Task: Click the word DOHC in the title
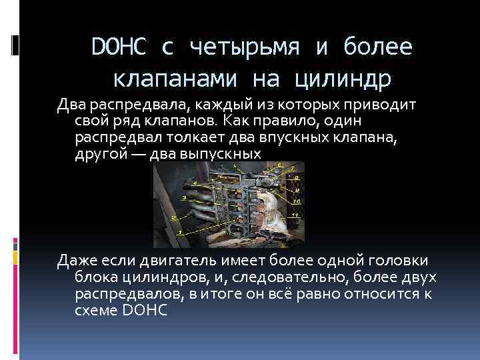pyautogui.click(x=118, y=47)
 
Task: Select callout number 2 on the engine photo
pyautogui.click(x=173, y=217)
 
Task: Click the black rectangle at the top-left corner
pyautogui.click(x=15, y=44)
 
